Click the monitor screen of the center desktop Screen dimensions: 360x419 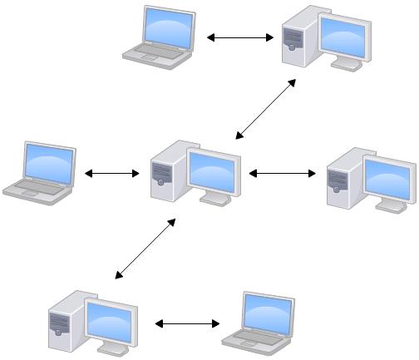[214, 170]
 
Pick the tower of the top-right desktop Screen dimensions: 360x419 [296, 37]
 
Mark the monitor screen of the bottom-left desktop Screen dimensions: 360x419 [111, 319]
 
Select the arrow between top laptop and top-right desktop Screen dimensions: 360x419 [240, 37]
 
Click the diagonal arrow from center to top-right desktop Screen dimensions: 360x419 [265, 108]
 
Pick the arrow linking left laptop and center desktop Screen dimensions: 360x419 [112, 174]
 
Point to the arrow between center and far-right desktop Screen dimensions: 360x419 [283, 174]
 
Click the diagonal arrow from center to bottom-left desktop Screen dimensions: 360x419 [145, 249]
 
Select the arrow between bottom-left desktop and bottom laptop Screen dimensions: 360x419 [187, 323]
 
